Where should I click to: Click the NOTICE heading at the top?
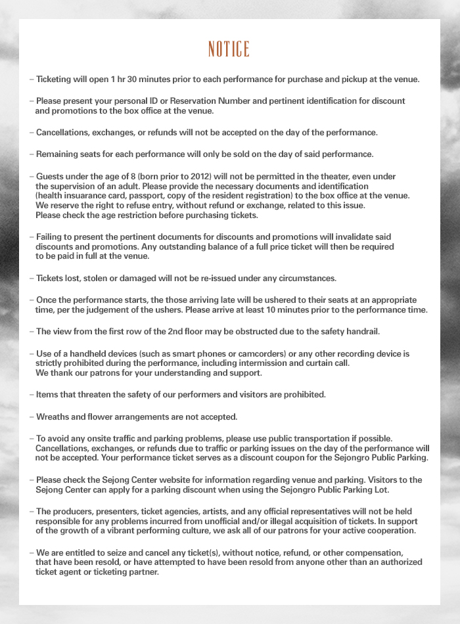point(229,49)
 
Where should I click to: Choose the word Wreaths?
point(54,417)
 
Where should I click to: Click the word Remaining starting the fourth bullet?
point(58,154)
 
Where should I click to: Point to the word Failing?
point(51,236)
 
